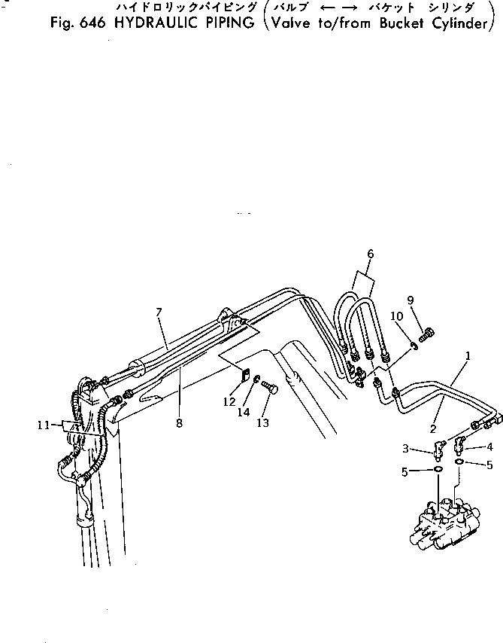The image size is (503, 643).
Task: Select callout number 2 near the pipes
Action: point(433,428)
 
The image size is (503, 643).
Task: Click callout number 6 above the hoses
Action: point(370,254)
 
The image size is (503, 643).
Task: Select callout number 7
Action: point(159,312)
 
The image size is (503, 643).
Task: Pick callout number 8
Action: point(179,423)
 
